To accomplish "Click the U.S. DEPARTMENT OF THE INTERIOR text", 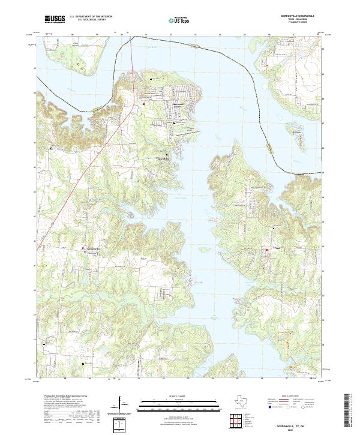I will pos(91,16).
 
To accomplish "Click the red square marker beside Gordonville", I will pos(83,248).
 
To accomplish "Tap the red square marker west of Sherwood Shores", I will pos(144,104).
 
